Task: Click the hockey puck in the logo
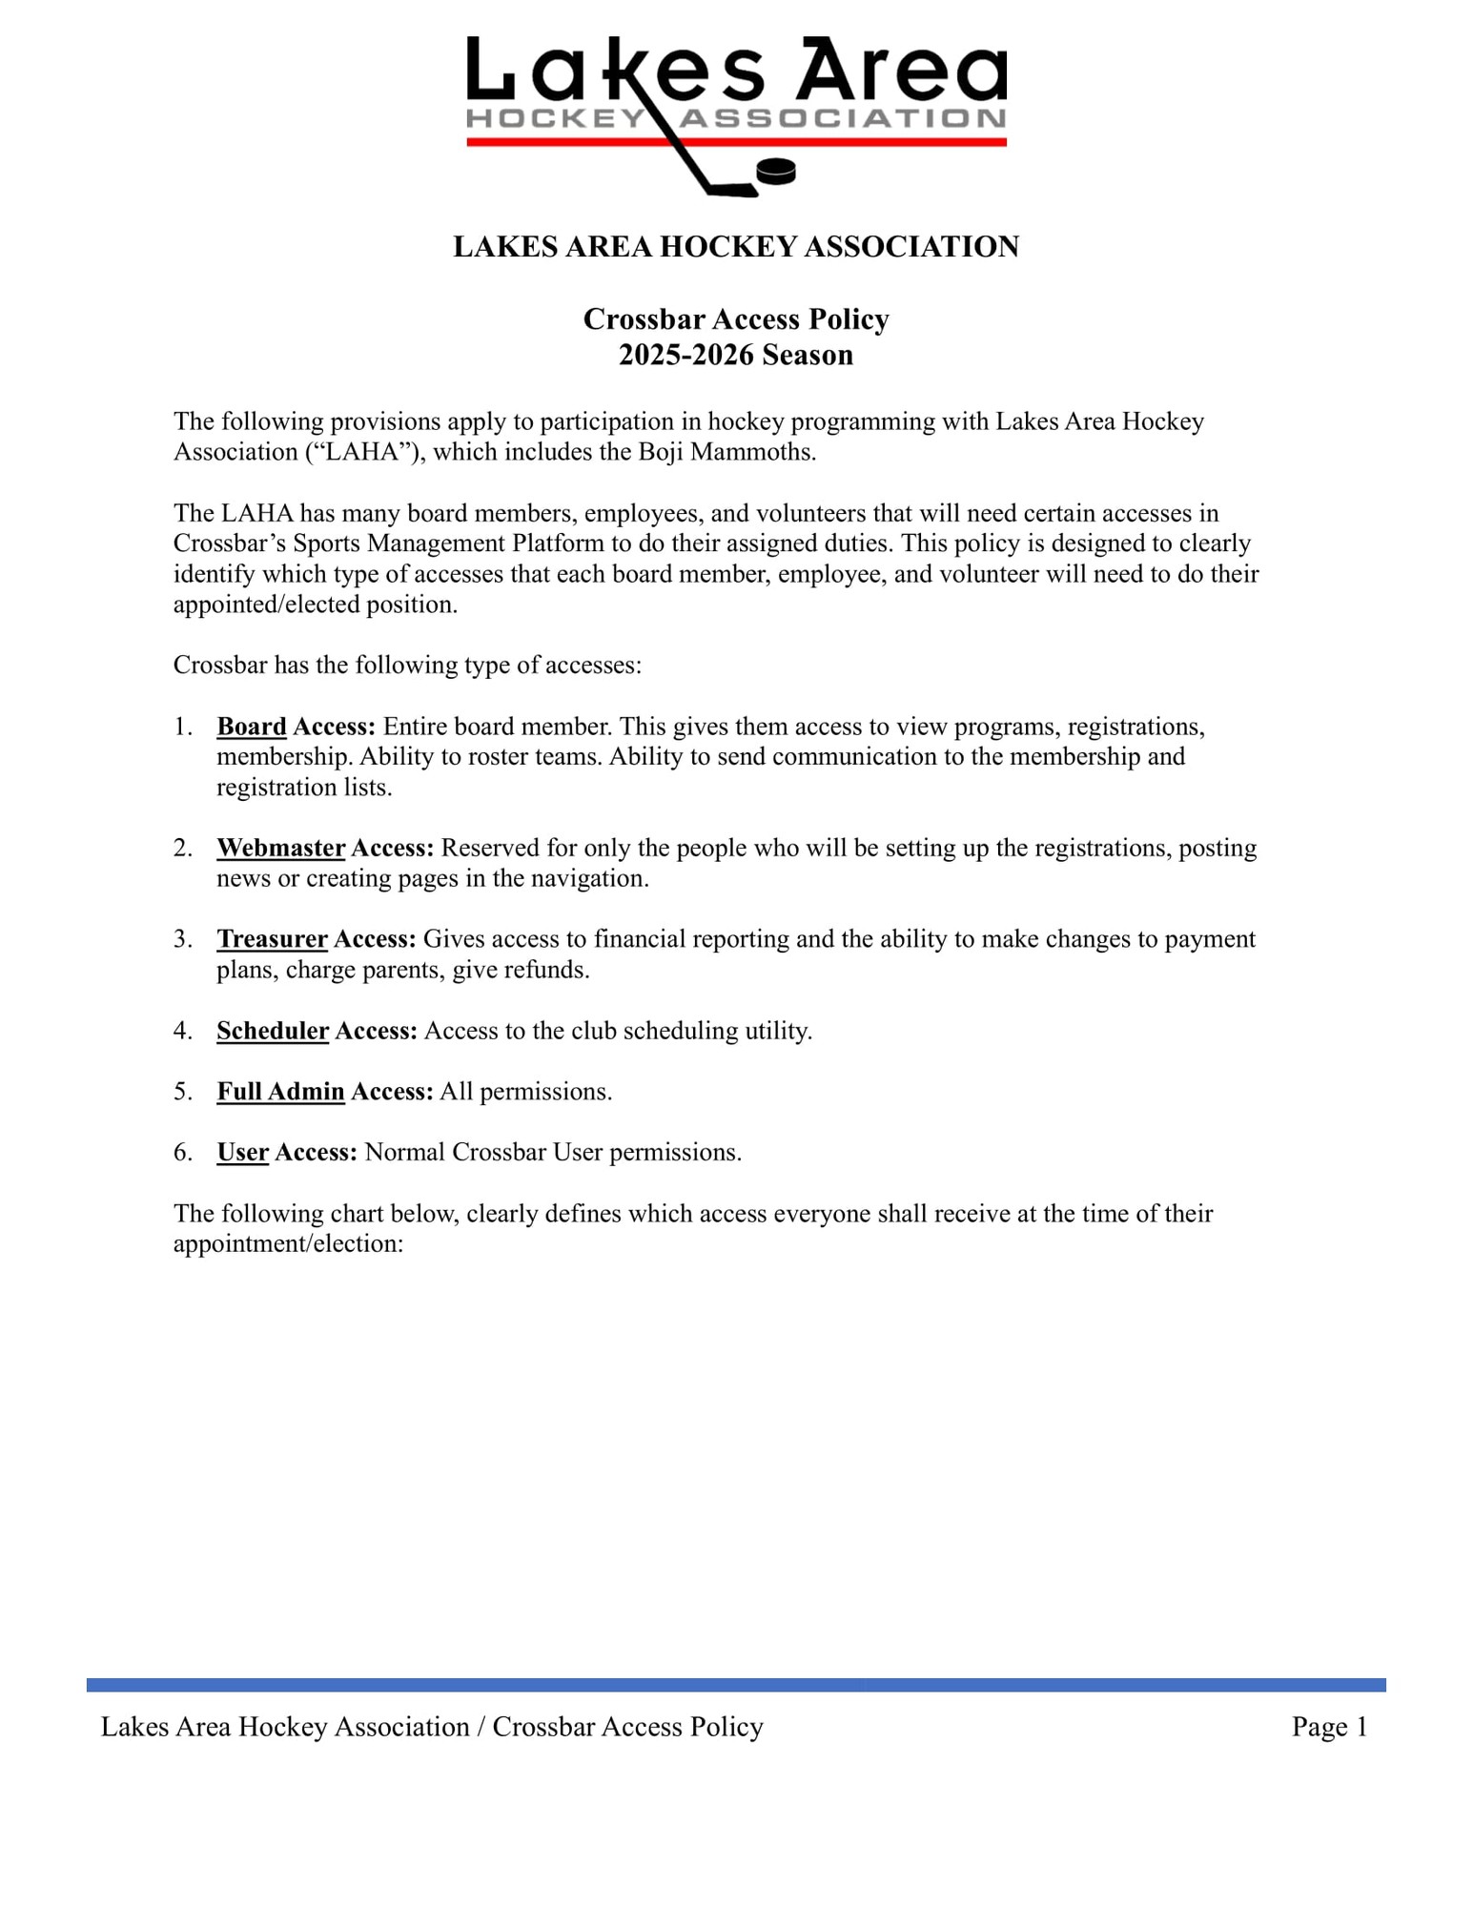(x=775, y=172)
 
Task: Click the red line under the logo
(x=858, y=142)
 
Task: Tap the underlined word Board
(x=252, y=727)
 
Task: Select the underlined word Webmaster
(x=280, y=848)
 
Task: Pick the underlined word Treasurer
(x=272, y=939)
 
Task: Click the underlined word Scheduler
(x=273, y=1031)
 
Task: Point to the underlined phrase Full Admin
(x=280, y=1092)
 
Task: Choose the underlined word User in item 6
(x=242, y=1153)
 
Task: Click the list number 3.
(x=183, y=939)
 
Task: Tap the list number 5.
(x=183, y=1092)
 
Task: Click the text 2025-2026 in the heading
(x=685, y=355)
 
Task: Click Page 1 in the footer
(x=1329, y=1727)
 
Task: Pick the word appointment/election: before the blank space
(x=289, y=1244)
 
